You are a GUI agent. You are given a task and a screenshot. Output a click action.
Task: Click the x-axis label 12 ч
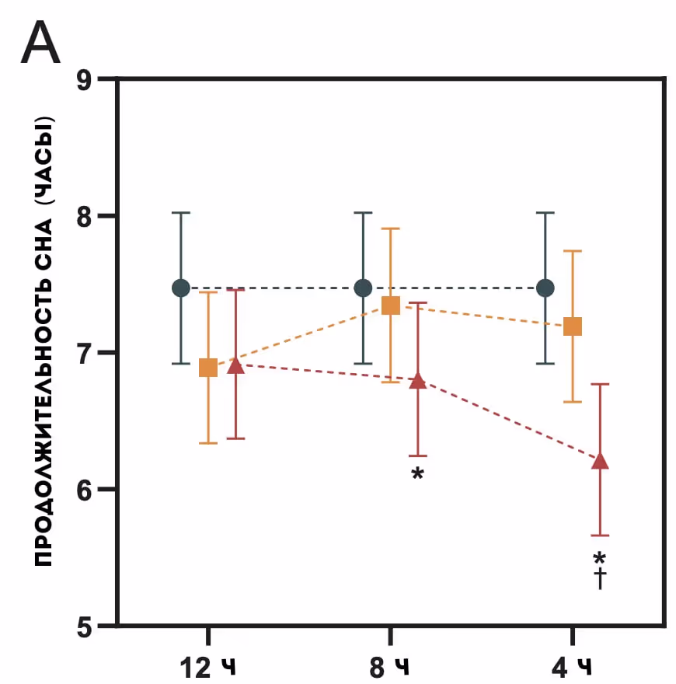(208, 666)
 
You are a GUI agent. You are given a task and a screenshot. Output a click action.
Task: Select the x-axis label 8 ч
(390, 666)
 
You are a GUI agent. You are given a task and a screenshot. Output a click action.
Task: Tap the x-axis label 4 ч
(572, 666)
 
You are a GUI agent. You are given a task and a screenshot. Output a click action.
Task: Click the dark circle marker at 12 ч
(181, 288)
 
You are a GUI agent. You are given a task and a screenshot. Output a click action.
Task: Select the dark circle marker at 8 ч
(363, 288)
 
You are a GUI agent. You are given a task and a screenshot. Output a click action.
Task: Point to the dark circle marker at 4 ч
(545, 288)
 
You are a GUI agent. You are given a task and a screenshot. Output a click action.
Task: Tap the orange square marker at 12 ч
(208, 368)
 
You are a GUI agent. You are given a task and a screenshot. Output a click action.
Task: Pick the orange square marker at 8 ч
(390, 306)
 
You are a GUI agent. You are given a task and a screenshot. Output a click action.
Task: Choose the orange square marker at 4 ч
(573, 326)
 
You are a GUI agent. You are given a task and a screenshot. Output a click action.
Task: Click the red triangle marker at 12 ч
(236, 365)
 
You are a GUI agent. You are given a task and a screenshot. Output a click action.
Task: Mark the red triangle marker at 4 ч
(600, 462)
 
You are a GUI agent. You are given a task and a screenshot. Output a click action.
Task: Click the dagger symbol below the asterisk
(600, 578)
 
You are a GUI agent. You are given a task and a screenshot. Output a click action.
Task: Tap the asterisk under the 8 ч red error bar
(418, 473)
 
